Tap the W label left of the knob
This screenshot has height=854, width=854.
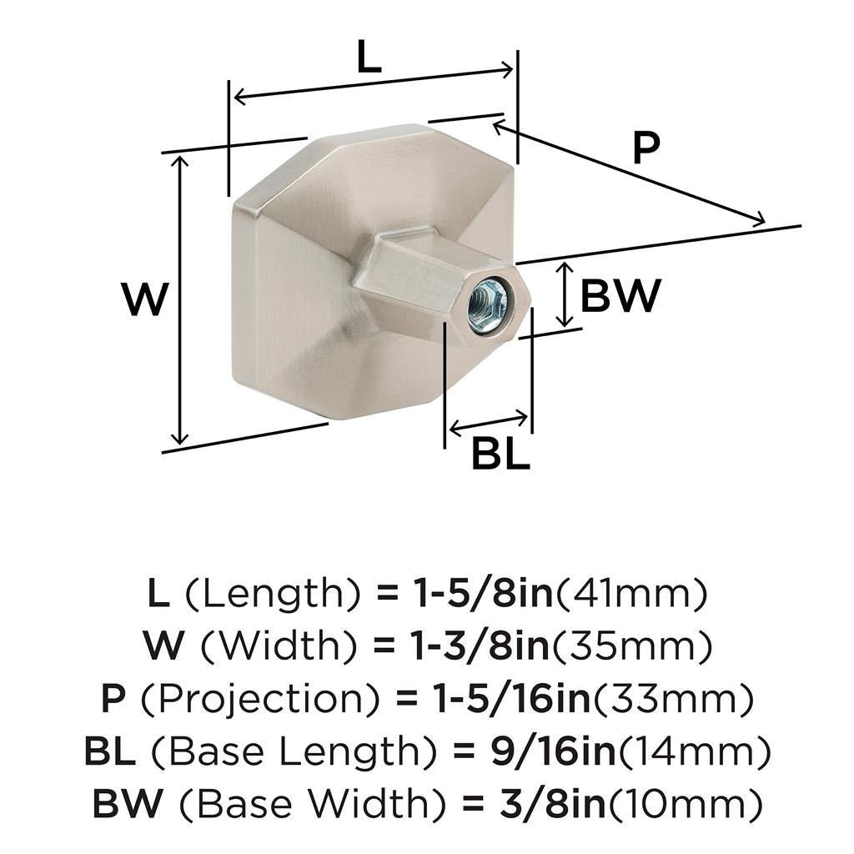coord(145,299)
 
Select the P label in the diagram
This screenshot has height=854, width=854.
coord(646,148)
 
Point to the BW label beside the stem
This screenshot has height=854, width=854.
coord(620,296)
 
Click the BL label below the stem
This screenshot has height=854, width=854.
coord(500,454)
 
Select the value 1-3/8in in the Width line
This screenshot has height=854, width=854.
coord(479,646)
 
